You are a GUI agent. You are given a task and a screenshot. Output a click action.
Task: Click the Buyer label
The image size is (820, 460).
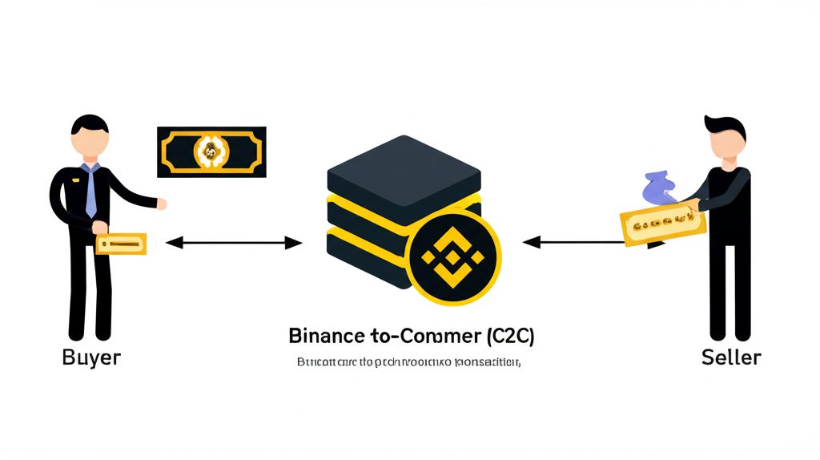(x=90, y=357)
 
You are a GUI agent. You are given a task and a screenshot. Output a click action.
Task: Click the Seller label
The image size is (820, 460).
(x=730, y=357)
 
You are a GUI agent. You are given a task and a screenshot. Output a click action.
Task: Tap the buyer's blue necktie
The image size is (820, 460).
(x=90, y=192)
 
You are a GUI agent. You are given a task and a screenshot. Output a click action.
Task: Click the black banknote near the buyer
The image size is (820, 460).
(x=211, y=151)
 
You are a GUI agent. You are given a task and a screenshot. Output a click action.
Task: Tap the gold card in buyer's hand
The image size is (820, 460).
(x=121, y=244)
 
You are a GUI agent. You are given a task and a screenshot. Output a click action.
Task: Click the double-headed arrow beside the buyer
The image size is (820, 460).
(x=233, y=242)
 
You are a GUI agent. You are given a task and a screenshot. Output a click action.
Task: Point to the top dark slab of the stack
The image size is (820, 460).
(x=404, y=171)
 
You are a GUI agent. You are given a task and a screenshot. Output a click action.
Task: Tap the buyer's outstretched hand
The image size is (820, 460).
(x=161, y=204)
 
